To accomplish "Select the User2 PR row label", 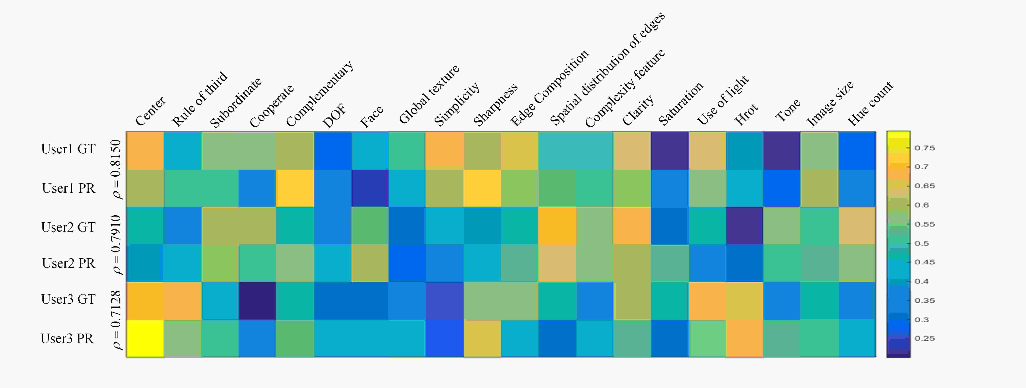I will [x=68, y=263].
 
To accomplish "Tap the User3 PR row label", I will [x=67, y=338].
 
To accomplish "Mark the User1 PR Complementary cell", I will [x=295, y=188].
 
